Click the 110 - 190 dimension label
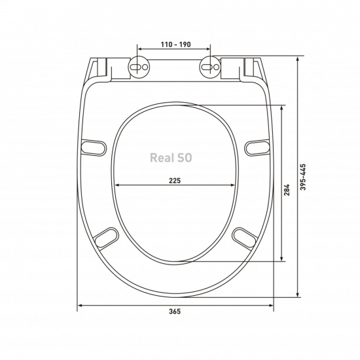(175, 45)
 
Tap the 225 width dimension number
(175, 181)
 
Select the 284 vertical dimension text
(287, 190)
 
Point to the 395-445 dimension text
(303, 177)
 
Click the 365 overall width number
(175, 312)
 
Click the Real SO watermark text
(171, 158)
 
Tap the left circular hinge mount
(139, 67)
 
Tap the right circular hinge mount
(210, 67)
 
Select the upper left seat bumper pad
(94, 148)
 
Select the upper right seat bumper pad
(257, 148)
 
